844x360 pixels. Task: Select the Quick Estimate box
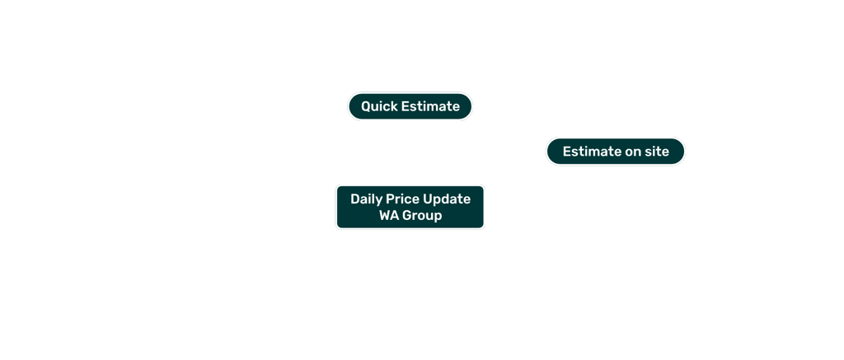410,106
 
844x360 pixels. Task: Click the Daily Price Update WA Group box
410,207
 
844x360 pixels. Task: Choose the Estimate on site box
615,152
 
